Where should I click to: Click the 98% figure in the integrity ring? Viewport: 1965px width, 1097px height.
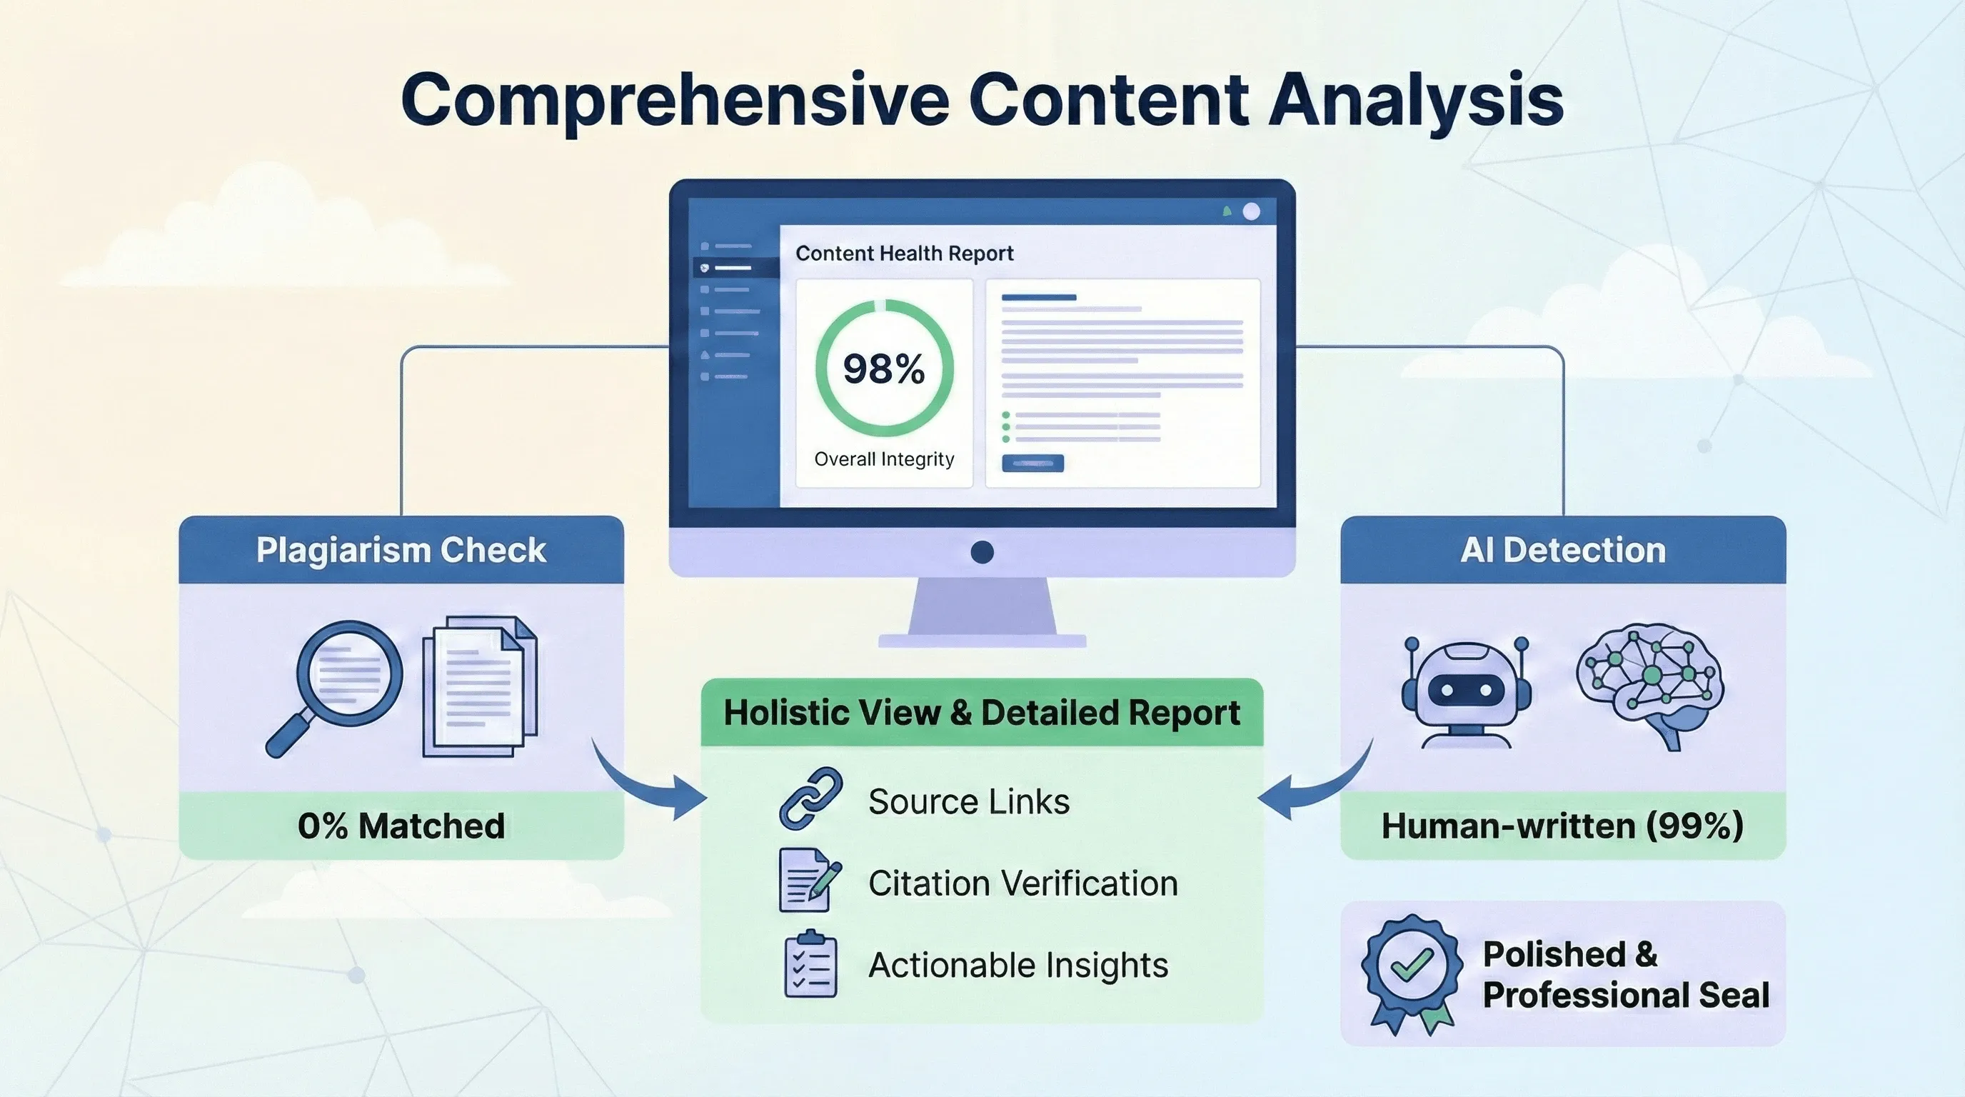[x=883, y=369]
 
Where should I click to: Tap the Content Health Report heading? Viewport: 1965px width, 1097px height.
[x=904, y=254]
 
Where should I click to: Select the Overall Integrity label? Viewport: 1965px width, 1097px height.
[x=884, y=459]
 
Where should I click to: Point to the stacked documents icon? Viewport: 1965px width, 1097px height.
[x=480, y=686]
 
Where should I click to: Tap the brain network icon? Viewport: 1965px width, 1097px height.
[x=1650, y=683]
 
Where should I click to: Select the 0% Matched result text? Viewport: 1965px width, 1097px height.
[x=401, y=826]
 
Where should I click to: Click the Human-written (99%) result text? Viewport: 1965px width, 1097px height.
[x=1562, y=826]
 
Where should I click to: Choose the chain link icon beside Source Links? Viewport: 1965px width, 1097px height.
[x=810, y=799]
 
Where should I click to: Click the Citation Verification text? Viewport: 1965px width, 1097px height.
[x=1023, y=883]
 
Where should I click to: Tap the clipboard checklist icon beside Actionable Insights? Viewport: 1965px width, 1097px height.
[x=810, y=965]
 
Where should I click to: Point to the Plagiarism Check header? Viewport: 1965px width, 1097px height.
[x=401, y=550]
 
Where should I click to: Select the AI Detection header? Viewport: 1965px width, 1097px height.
[x=1563, y=550]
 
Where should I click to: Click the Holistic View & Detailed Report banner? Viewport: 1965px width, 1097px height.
[x=982, y=713]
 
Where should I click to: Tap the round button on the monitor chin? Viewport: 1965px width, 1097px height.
[x=982, y=552]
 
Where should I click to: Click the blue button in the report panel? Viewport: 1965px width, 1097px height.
[x=1032, y=463]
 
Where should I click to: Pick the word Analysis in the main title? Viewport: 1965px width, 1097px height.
[x=1416, y=101]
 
